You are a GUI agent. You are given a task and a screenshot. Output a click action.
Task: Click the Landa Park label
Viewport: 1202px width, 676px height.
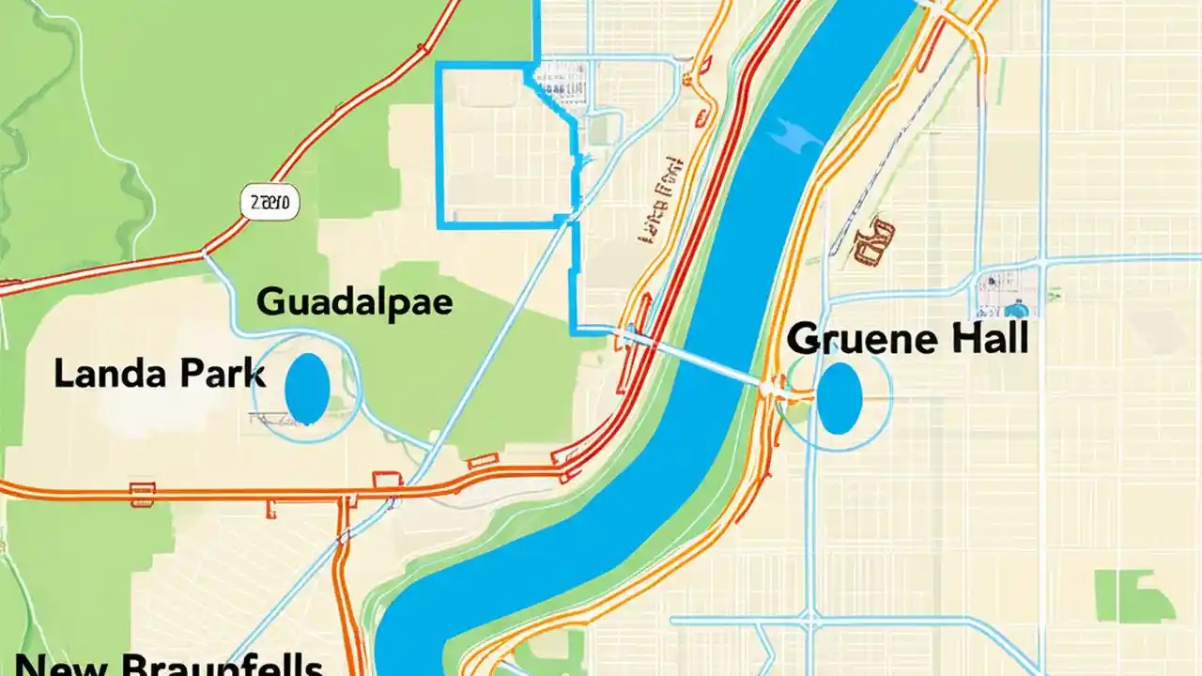point(159,375)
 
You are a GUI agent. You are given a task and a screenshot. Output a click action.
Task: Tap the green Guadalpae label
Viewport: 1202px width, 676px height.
point(355,302)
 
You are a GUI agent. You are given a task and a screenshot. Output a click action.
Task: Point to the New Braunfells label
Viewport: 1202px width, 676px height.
point(169,665)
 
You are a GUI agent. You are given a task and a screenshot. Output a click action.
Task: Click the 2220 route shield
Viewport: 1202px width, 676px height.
point(270,201)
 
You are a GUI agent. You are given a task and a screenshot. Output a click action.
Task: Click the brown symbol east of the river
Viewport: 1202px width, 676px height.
point(874,239)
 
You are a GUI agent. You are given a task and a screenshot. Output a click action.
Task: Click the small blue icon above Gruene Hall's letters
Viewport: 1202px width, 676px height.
point(1015,309)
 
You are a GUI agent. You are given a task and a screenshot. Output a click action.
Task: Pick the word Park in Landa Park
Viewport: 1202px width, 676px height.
point(219,375)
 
